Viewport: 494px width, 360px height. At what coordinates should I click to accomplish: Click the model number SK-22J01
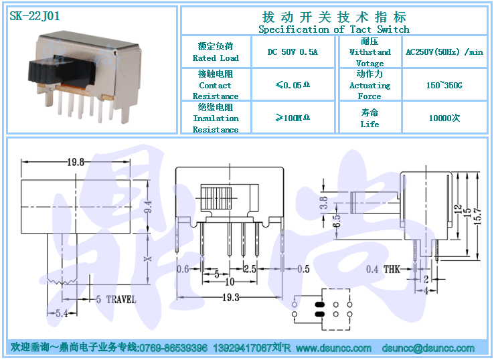tap(35, 16)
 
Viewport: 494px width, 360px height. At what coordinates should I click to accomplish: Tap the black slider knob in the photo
tap(62, 72)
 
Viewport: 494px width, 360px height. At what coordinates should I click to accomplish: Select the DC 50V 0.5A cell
tap(293, 52)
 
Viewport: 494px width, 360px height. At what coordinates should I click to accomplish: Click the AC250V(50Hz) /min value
tap(444, 52)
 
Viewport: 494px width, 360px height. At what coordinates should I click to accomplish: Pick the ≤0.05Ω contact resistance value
tap(293, 85)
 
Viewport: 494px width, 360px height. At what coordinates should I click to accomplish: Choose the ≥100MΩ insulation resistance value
tap(293, 118)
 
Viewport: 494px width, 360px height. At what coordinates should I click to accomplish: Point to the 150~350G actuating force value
tap(444, 85)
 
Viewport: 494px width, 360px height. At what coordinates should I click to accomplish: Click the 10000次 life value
tap(444, 118)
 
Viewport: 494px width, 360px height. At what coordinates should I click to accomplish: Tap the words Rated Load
tap(216, 58)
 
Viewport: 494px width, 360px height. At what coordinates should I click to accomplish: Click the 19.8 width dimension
tap(76, 162)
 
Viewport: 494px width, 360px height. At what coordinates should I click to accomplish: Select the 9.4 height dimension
tap(148, 207)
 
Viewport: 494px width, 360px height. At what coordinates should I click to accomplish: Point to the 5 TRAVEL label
tap(116, 299)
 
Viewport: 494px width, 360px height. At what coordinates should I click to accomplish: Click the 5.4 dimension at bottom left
tap(62, 313)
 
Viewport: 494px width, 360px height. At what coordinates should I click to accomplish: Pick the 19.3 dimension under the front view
tap(231, 297)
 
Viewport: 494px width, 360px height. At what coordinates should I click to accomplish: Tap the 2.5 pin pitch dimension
tap(250, 268)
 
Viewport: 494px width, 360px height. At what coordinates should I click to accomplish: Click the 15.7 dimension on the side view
tap(478, 215)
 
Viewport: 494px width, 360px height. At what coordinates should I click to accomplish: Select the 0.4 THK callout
tap(383, 269)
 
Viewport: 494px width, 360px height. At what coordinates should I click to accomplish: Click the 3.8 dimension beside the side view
tap(324, 203)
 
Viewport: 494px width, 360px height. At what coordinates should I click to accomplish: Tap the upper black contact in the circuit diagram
tap(319, 304)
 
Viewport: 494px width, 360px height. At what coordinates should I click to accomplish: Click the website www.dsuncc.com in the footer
tap(333, 348)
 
